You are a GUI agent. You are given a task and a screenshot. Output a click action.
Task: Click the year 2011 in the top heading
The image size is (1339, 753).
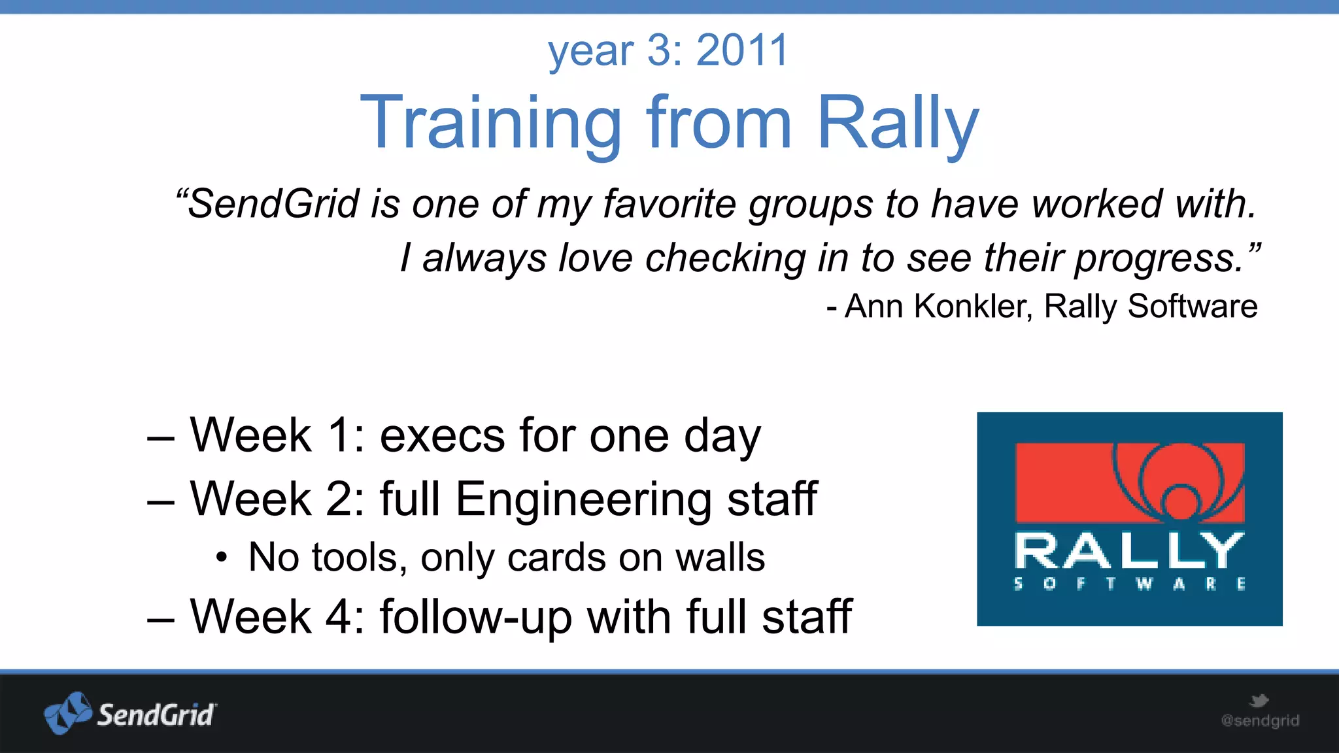(743, 50)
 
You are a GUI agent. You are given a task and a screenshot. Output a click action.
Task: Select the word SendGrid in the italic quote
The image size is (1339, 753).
(273, 203)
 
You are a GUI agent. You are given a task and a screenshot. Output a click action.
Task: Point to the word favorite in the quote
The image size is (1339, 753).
(669, 203)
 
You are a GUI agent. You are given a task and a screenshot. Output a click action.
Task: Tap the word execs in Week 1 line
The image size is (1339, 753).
(442, 435)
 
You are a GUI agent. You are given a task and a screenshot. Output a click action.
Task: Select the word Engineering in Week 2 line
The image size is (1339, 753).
(583, 499)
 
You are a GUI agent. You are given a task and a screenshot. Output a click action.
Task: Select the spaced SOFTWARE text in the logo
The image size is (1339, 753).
(1129, 584)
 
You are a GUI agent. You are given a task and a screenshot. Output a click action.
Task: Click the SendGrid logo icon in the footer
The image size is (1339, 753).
(67, 713)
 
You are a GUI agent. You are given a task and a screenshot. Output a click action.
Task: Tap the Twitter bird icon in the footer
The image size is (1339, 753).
(1259, 701)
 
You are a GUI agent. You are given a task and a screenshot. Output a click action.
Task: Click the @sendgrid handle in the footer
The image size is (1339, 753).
(1260, 721)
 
